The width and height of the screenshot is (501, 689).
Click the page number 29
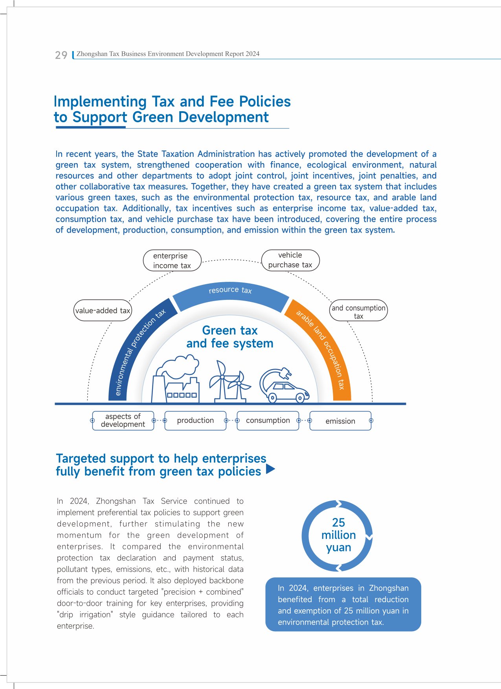point(61,55)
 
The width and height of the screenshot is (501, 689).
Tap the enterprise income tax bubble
point(172,261)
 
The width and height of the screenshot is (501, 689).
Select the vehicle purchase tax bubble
point(290,260)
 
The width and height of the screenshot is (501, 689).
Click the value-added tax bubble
point(103,311)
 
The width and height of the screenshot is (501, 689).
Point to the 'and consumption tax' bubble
point(358,311)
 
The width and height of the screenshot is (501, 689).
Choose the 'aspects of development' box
point(123,421)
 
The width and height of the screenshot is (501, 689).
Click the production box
point(195,421)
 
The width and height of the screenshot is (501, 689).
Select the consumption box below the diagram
point(268,421)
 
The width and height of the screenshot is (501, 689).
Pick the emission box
point(340,421)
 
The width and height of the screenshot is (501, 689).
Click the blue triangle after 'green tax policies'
point(270,469)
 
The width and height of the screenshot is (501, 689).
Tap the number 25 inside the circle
point(338,522)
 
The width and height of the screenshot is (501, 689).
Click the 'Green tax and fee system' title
point(230,337)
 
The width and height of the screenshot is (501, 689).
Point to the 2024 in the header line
point(252,54)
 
